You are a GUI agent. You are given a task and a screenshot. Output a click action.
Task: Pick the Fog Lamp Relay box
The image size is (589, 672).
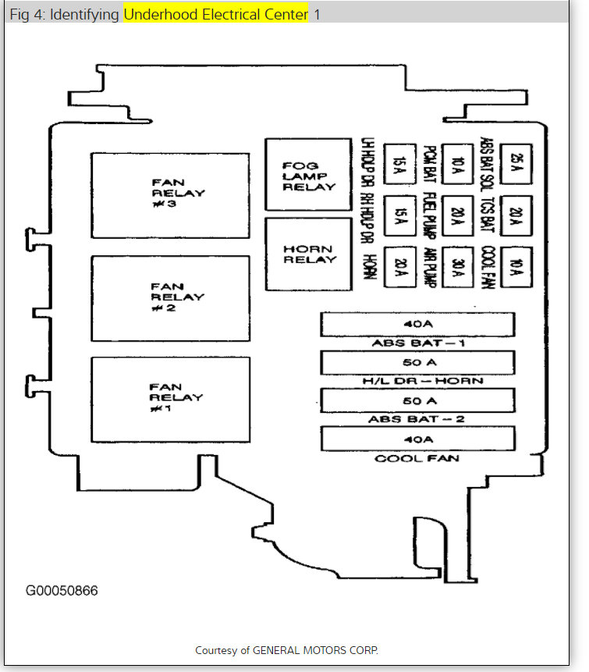pos(309,175)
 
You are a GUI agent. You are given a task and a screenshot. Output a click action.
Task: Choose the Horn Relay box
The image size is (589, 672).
pos(309,254)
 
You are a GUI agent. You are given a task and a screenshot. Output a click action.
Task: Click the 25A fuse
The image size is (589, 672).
pos(515,164)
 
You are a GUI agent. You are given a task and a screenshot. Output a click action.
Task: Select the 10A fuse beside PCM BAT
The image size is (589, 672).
pos(458,164)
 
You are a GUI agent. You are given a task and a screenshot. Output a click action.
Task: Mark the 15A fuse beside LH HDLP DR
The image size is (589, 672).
pos(400,164)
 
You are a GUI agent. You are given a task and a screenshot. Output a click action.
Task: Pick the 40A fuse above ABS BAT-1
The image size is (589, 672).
pos(418,324)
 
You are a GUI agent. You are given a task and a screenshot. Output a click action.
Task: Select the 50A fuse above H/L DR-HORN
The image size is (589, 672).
pos(418,363)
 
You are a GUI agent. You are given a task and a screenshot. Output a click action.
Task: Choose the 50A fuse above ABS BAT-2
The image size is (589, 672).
pos(418,400)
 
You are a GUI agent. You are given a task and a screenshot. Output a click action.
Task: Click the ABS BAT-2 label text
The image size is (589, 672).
pos(417,419)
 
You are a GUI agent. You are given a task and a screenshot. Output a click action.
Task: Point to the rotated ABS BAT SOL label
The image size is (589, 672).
pos(486,164)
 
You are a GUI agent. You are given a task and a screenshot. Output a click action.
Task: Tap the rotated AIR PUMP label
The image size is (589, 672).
pos(428,268)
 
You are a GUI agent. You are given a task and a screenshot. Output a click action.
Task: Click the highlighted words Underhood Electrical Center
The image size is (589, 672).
pos(216,15)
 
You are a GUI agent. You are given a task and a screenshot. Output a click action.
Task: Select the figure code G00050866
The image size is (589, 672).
pos(62,590)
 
